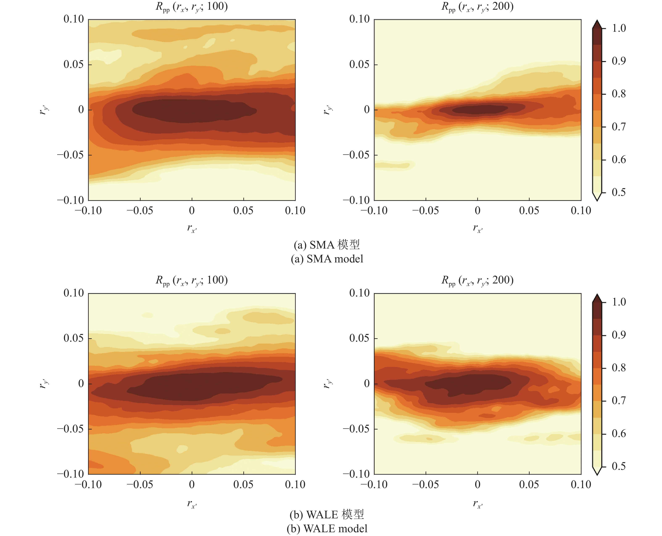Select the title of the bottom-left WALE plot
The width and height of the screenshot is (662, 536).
coord(191,280)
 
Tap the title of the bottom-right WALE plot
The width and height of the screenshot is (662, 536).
coord(477,280)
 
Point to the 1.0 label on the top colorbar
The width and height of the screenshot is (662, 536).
coord(619,28)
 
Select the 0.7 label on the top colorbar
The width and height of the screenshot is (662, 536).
coord(619,126)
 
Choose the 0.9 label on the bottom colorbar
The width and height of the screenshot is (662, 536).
coord(619,335)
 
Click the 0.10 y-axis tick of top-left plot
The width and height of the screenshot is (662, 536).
coord(74,19)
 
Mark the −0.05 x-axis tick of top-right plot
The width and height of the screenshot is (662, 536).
coord(426,211)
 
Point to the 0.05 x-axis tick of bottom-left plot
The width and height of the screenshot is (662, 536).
coord(243,485)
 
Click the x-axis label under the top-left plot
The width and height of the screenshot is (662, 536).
coord(192,228)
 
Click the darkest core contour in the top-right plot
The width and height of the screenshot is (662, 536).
coord(479,109)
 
